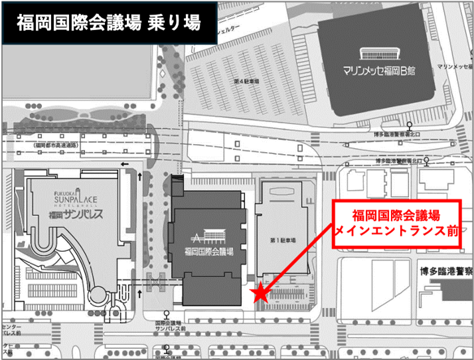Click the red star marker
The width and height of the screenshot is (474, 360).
pyautogui.click(x=262, y=293)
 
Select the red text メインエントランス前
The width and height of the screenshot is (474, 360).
pyautogui.click(x=396, y=230)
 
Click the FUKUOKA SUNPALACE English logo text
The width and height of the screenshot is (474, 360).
pyautogui.click(x=70, y=199)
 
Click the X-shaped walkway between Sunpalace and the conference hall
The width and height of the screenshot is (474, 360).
pyautogui.click(x=157, y=285)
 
